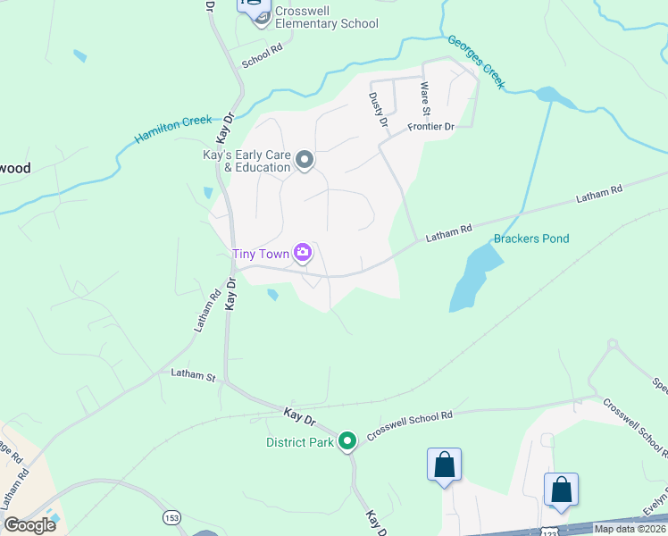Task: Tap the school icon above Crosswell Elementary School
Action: tap(254, 4)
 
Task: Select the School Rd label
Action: tap(262, 58)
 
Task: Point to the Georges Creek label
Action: tap(477, 63)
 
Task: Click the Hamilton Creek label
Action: tap(173, 130)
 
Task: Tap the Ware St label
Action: tap(425, 98)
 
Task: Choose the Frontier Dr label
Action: tap(431, 127)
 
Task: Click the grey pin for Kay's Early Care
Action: tap(305, 161)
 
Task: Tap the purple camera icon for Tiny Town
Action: tap(303, 254)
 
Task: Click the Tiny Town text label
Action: tap(261, 254)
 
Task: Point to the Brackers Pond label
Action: tap(531, 239)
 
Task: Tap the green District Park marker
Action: tap(347, 440)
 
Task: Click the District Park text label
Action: tap(299, 441)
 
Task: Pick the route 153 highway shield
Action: tap(171, 518)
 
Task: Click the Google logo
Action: tap(29, 525)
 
